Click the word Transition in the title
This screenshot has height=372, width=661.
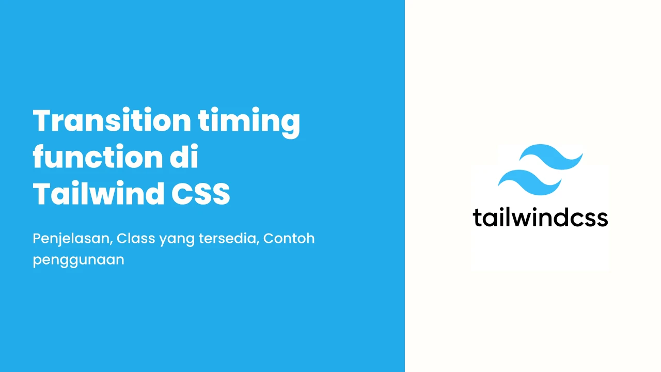[112, 120]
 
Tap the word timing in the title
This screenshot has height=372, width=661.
[249, 122]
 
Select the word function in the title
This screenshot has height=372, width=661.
[98, 157]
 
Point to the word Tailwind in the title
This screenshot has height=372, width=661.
[99, 193]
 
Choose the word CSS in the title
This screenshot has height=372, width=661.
[201, 194]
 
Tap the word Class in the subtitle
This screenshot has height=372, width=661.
[136, 238]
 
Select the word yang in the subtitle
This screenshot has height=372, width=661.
[177, 240]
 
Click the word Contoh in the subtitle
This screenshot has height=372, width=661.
[289, 238]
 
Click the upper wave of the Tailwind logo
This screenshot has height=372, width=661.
[551, 157]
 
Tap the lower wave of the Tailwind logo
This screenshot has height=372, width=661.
[530, 182]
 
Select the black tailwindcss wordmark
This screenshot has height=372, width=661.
[540, 218]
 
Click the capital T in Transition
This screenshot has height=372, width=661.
[43, 120]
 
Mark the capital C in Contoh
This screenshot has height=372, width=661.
[270, 239]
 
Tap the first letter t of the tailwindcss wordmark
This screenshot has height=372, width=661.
[477, 218]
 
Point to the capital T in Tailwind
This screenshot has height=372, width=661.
[43, 193]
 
